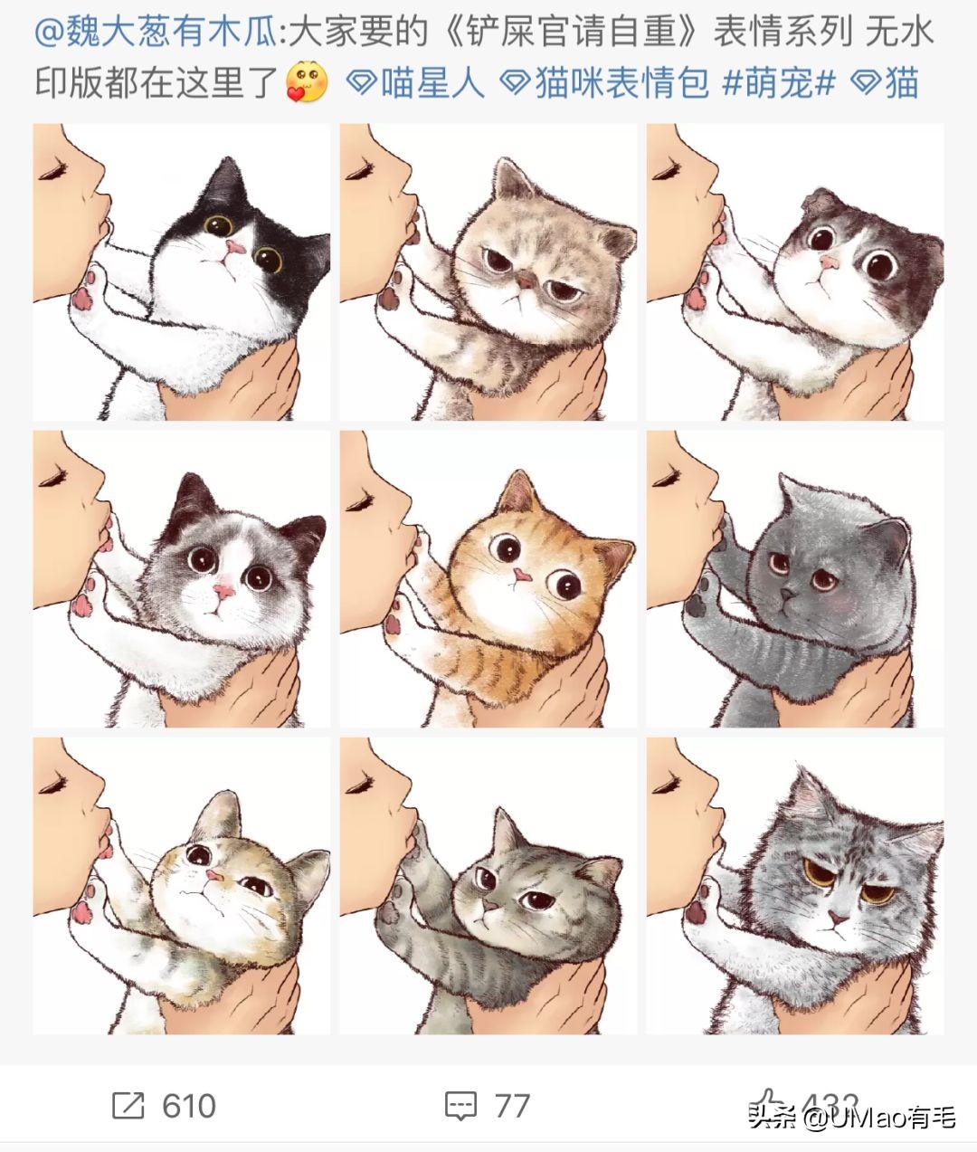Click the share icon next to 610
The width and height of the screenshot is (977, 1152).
(x=128, y=1105)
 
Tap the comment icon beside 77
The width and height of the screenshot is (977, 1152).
(x=460, y=1105)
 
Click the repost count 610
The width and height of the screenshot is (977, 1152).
(x=189, y=1105)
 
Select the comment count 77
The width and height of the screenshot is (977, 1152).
(x=512, y=1105)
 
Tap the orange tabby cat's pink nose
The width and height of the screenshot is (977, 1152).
(x=521, y=576)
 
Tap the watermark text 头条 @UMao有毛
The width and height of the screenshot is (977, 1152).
(x=851, y=1119)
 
